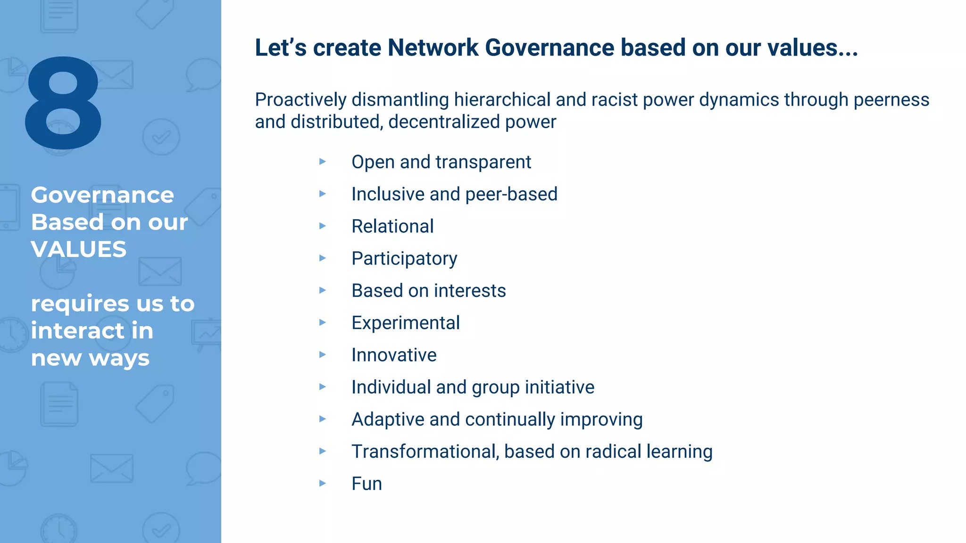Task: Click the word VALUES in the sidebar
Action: pyautogui.click(x=79, y=249)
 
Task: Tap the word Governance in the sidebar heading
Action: pyautogui.click(x=102, y=195)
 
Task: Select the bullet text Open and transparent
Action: pyautogui.click(x=441, y=162)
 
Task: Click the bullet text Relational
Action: pyautogui.click(x=392, y=226)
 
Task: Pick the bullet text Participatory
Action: pyautogui.click(x=404, y=259)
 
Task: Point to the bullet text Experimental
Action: pyautogui.click(x=405, y=323)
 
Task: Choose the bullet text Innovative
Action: pyautogui.click(x=394, y=355)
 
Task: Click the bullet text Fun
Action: pyautogui.click(x=366, y=484)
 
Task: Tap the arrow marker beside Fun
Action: pyautogui.click(x=323, y=483)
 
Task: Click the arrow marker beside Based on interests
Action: pyautogui.click(x=323, y=290)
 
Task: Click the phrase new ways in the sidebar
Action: pyautogui.click(x=90, y=358)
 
